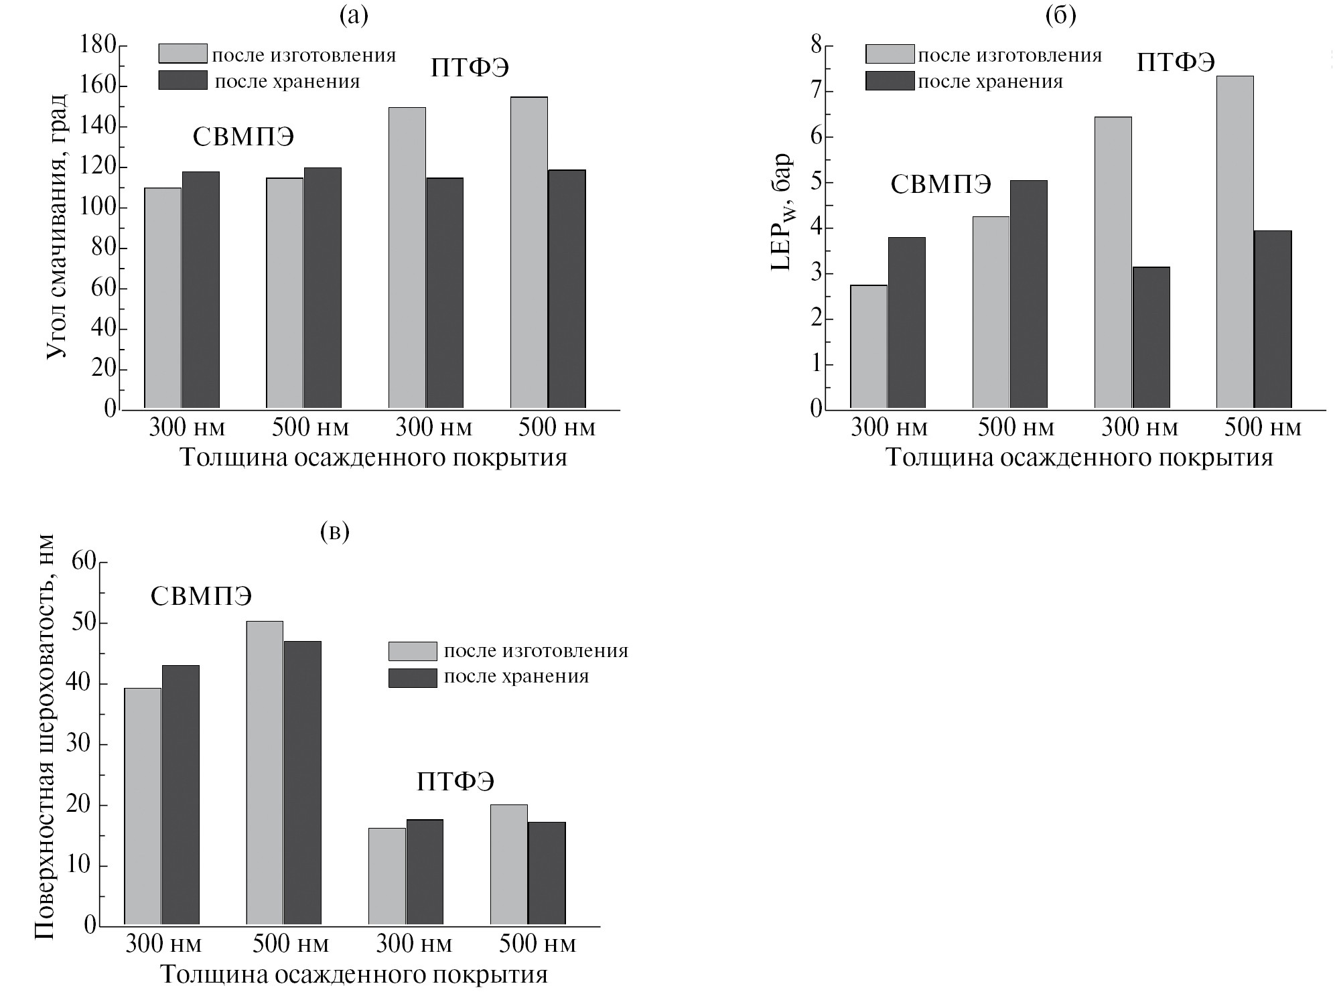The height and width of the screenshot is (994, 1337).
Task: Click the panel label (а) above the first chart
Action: [x=354, y=15]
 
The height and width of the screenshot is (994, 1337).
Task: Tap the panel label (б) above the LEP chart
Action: [x=1060, y=15]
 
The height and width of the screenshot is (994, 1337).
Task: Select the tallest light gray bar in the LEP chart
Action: [x=1235, y=241]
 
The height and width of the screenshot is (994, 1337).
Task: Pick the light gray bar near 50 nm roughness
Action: [x=265, y=773]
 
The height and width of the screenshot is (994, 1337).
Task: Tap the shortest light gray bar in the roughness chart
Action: [x=387, y=876]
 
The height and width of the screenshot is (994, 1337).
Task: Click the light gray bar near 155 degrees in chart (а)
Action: [x=529, y=252]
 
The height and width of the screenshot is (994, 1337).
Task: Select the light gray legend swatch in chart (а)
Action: [x=182, y=54]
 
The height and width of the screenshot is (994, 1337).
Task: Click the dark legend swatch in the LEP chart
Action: [x=890, y=81]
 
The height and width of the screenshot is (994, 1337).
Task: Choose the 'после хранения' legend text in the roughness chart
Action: [x=516, y=677]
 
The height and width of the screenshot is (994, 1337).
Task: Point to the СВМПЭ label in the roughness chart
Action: [x=201, y=596]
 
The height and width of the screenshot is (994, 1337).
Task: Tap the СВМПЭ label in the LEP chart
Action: [x=940, y=184]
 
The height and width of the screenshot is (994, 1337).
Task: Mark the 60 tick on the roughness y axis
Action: [x=84, y=563]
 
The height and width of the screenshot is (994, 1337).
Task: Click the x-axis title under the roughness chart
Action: [x=354, y=974]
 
